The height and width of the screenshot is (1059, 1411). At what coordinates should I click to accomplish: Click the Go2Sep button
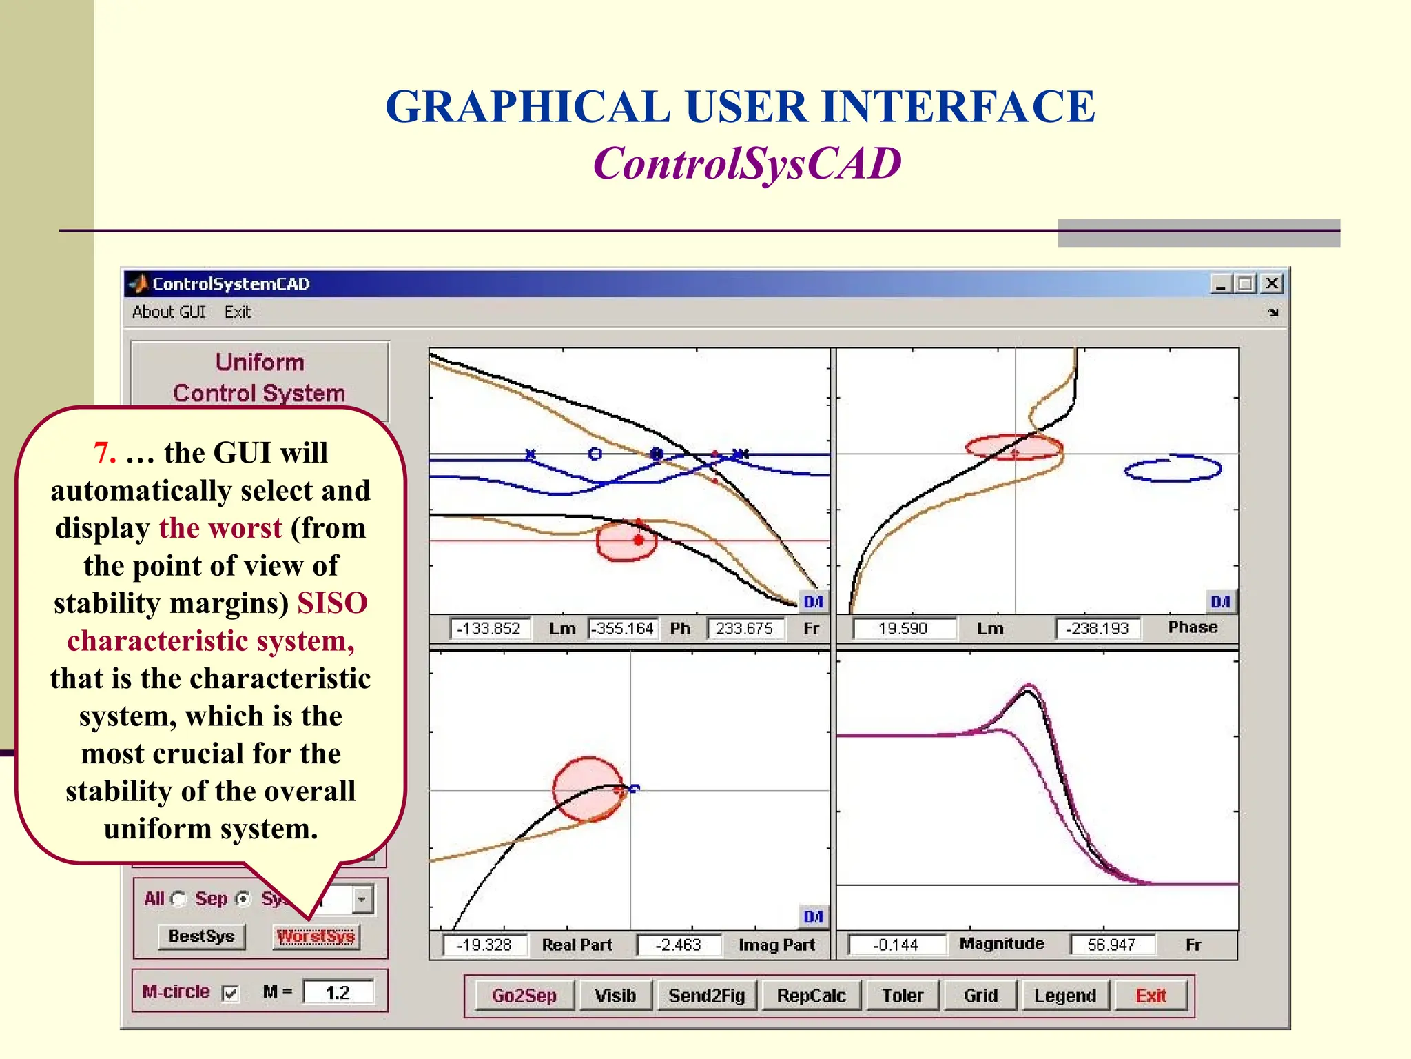[524, 996]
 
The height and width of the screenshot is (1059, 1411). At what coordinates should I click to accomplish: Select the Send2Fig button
[706, 996]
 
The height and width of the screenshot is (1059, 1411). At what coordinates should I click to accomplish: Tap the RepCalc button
[811, 996]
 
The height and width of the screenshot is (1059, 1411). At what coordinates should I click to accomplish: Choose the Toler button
[902, 996]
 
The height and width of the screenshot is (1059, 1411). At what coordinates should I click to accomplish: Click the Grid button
[980, 996]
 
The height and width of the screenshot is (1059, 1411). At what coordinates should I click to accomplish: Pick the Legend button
[1064, 996]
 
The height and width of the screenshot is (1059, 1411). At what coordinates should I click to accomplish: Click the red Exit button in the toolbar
[1151, 996]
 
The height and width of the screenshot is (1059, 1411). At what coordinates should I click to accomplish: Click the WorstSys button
[316, 936]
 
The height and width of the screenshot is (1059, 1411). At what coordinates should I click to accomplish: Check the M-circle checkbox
[230, 993]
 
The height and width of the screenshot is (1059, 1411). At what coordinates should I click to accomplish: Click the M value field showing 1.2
[338, 993]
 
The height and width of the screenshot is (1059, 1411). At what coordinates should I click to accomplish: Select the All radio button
[178, 899]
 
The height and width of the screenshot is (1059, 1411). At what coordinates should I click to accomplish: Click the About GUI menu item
[169, 312]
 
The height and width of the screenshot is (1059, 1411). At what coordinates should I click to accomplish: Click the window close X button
[1272, 283]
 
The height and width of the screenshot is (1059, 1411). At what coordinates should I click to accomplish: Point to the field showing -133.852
[489, 629]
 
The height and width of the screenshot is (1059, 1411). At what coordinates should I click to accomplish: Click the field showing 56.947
[1111, 945]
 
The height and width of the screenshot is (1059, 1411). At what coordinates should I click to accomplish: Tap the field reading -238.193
[1097, 629]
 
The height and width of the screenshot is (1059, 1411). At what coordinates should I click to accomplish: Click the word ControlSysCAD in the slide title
[747, 163]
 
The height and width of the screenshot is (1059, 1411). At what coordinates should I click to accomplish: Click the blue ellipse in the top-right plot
[1173, 469]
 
